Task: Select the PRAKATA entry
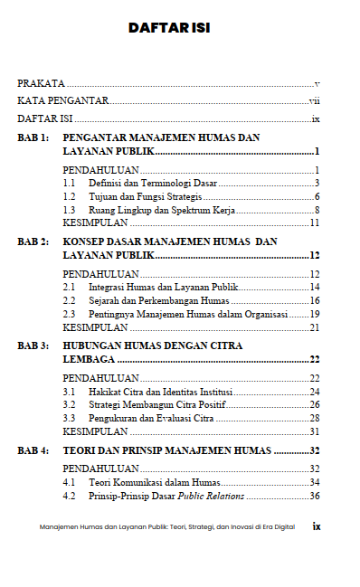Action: coord(35,83)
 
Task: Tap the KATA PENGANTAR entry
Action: coord(62,101)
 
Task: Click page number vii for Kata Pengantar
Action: coord(315,101)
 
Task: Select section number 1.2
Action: coord(69,196)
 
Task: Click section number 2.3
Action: coord(69,314)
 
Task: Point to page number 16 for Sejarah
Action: coord(315,300)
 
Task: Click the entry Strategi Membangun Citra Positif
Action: coord(156,405)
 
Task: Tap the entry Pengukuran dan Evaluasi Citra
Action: coord(151,419)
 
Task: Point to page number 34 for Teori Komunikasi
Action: coord(315,482)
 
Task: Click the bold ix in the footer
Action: coord(317,525)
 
